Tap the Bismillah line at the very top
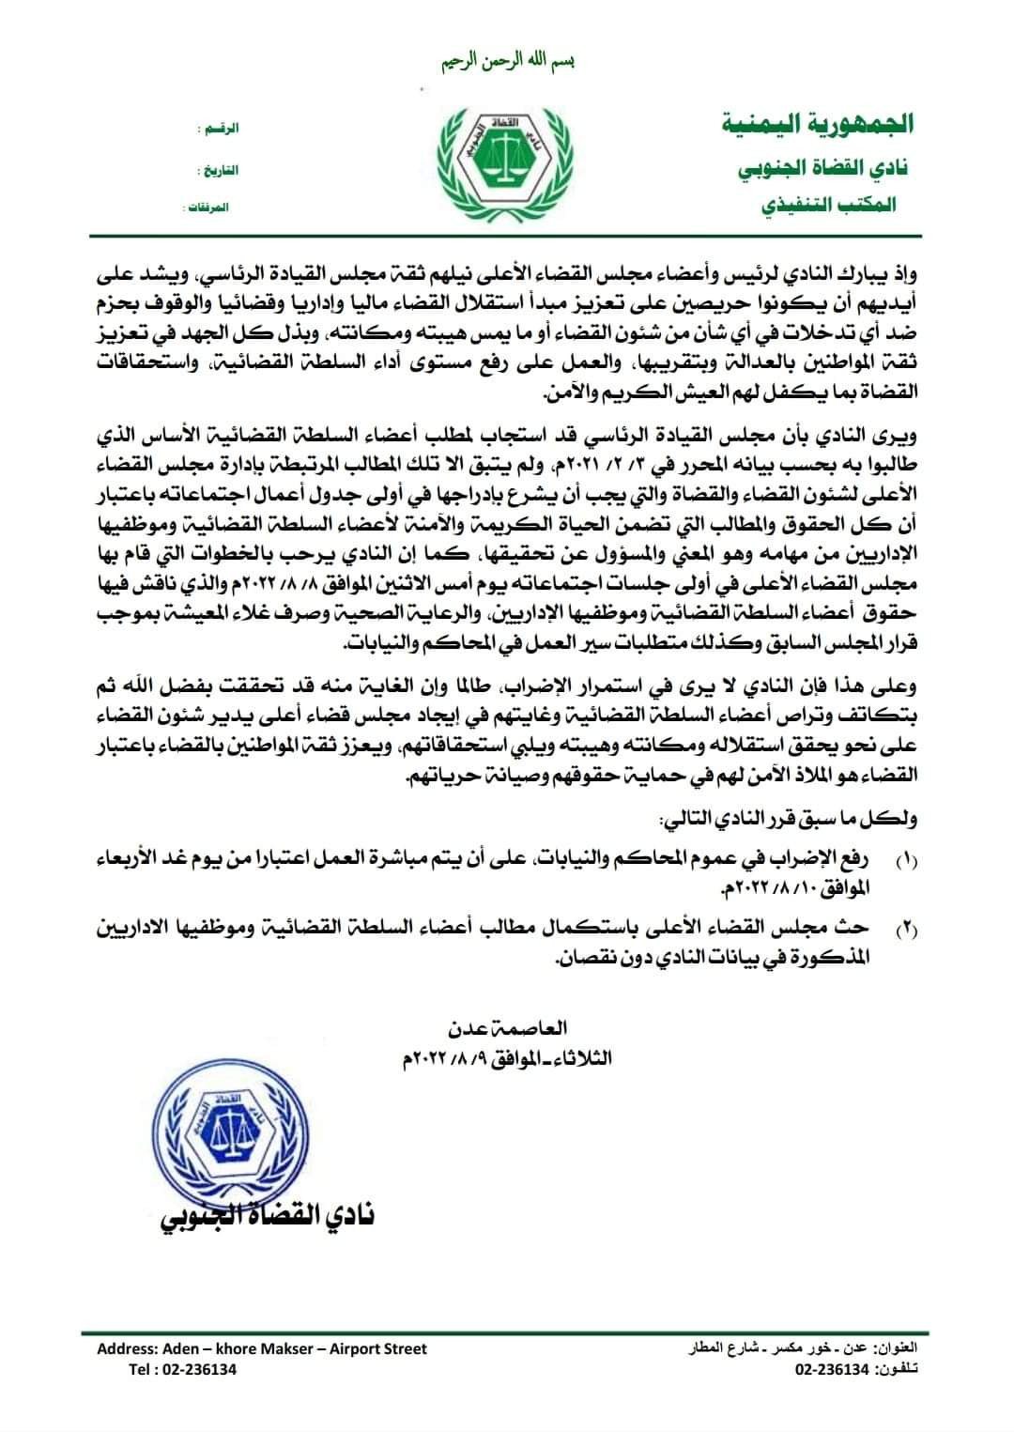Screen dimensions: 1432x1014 tap(507, 62)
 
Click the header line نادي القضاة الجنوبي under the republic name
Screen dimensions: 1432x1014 tap(826, 171)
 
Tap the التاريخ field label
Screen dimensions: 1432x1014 tap(217, 170)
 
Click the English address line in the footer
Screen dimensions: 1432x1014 tap(262, 1348)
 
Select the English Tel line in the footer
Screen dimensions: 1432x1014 tap(183, 1369)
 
